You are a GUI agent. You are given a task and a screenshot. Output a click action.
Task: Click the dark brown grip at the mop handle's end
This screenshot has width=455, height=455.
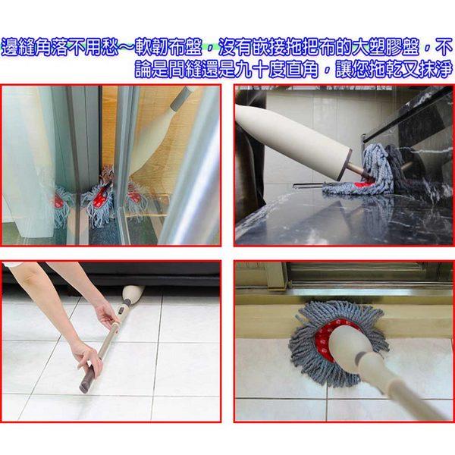(x=87, y=378)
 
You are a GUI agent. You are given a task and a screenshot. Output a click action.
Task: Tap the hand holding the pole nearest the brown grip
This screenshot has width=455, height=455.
(x=87, y=357)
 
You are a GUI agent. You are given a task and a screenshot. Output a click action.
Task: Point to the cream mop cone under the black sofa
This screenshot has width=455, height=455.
(x=132, y=294)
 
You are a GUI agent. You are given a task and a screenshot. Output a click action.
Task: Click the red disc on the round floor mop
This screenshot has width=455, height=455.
(x=334, y=334)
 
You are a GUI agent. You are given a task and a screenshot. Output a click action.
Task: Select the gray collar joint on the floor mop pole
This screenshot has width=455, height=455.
(x=362, y=357)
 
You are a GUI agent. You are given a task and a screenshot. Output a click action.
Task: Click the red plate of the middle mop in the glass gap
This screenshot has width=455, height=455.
(x=101, y=197)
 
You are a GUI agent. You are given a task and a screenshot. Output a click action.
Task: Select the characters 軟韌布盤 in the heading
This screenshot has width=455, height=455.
(x=168, y=47)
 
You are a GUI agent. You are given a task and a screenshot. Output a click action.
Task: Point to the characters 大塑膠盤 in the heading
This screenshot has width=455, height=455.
(x=386, y=47)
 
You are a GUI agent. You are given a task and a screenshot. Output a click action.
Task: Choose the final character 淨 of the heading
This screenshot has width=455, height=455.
(x=444, y=70)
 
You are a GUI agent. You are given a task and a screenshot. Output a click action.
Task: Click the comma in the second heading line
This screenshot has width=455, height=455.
(x=327, y=73)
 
